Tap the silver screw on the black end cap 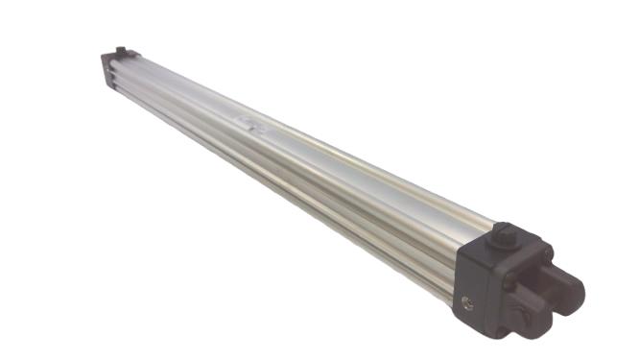pyautogui.click(x=466, y=302)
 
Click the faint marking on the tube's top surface pyautogui.click(x=248, y=123)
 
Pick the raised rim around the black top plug pyautogui.click(x=505, y=239)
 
